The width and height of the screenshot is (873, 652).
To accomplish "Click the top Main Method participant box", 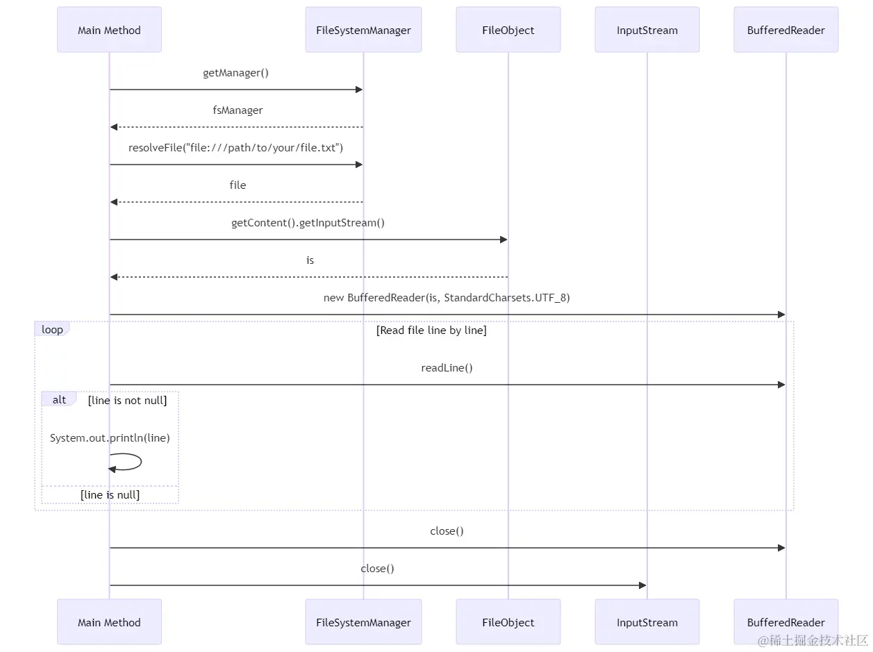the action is point(109,29).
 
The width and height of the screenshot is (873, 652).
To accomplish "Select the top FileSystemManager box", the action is point(363,29).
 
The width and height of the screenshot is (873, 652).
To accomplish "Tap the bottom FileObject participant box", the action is point(508,621).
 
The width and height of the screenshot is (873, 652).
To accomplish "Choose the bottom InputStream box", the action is point(647,621).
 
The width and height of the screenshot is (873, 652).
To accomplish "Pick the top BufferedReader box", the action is point(786,29).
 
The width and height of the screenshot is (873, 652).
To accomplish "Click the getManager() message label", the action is point(236,73).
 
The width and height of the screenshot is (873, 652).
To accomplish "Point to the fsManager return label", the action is point(238,110).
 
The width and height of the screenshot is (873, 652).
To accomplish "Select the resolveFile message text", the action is point(235,148).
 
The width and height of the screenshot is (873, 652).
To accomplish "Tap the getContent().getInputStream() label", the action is point(308,223).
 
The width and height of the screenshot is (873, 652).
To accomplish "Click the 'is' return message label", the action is point(310,260).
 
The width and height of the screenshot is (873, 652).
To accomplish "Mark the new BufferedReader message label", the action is point(447,298).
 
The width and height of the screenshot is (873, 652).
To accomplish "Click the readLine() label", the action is point(447,368).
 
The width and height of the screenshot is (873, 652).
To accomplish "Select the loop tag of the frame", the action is point(52,330).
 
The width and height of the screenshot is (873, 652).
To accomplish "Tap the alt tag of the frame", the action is point(59,399).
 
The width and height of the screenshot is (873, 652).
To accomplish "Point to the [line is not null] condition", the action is point(127,401).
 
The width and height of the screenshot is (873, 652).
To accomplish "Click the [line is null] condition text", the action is point(110,495).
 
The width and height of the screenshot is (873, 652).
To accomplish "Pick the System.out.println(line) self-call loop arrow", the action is point(141,462).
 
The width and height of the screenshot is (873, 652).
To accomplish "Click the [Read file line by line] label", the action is point(431,331).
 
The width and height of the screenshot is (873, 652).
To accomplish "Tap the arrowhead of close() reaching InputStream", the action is point(642,585).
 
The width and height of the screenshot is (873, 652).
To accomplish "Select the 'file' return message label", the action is point(238,185).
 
